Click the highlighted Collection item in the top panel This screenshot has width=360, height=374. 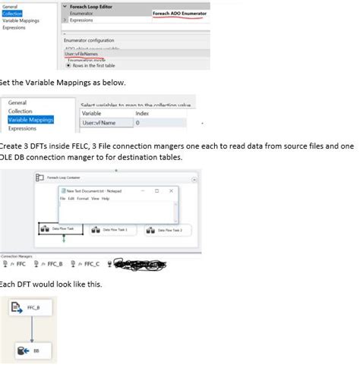tap(14, 13)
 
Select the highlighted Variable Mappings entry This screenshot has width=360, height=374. tap(30, 118)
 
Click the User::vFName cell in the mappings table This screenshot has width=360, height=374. tap(99, 122)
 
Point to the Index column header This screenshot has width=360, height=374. tap(142, 113)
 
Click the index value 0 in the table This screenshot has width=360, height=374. tap(137, 122)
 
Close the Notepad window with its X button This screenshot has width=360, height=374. tap(171, 191)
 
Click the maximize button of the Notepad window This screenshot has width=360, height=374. tap(156, 191)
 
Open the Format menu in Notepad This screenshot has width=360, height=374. tap(82, 199)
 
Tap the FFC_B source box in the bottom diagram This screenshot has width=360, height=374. tap(27, 309)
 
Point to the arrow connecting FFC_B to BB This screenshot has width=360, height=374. tap(32, 330)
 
